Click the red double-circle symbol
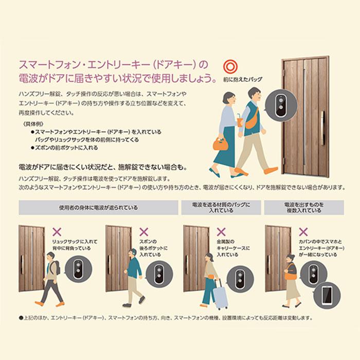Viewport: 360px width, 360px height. click(229, 66)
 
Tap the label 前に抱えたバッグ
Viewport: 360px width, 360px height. click(243, 80)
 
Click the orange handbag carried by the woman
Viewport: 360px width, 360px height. click(220, 143)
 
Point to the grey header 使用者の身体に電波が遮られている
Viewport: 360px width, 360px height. click(98, 208)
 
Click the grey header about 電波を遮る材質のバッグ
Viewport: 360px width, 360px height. click(222, 208)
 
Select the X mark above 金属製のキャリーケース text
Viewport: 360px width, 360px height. click(222, 232)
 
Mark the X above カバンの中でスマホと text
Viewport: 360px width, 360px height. click(303, 232)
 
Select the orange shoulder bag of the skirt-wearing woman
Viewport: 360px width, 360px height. click(292, 275)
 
